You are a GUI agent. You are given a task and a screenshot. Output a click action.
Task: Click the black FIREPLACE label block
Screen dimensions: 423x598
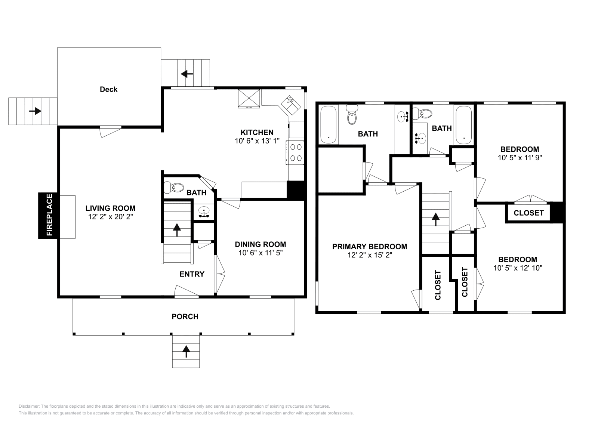[47, 215]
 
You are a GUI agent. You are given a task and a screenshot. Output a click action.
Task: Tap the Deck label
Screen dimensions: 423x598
[108, 89]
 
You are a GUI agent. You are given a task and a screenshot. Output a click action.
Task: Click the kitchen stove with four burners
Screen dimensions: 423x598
[296, 152]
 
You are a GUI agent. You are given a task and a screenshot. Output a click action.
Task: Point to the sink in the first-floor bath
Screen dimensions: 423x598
[204, 212]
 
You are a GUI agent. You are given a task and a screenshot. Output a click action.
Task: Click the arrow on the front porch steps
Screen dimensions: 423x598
[186, 351]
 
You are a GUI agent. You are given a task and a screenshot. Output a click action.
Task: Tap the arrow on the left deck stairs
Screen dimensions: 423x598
[35, 111]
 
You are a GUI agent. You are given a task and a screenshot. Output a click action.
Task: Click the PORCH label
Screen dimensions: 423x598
[185, 317]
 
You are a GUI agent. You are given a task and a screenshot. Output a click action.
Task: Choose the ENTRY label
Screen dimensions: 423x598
[192, 274]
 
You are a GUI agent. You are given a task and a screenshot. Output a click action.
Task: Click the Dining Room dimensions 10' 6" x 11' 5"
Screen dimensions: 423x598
[261, 253]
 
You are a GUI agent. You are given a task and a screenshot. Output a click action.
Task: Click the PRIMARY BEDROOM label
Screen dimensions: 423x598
[370, 247]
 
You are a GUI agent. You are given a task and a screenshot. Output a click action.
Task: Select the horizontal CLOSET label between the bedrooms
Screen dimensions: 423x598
[528, 213]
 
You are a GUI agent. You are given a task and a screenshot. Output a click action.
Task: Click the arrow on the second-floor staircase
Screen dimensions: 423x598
[435, 219]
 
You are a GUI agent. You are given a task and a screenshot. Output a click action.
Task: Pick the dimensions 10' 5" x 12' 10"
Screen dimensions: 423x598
[518, 268]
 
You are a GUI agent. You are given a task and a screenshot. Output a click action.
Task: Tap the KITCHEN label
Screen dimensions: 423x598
[257, 132]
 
